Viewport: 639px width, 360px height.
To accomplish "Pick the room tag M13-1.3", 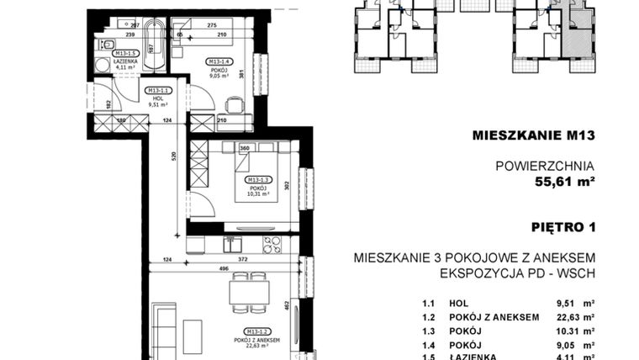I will (x=259, y=180).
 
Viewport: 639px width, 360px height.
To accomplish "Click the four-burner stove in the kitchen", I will (x=272, y=245).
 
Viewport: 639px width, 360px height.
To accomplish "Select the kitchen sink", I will (x=231, y=245).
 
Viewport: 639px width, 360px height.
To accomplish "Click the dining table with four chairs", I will (x=249, y=291).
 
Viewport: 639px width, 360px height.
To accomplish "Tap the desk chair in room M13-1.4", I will (x=235, y=106).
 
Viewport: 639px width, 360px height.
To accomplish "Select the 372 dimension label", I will (x=242, y=260).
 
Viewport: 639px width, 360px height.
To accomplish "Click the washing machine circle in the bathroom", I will (x=102, y=65).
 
